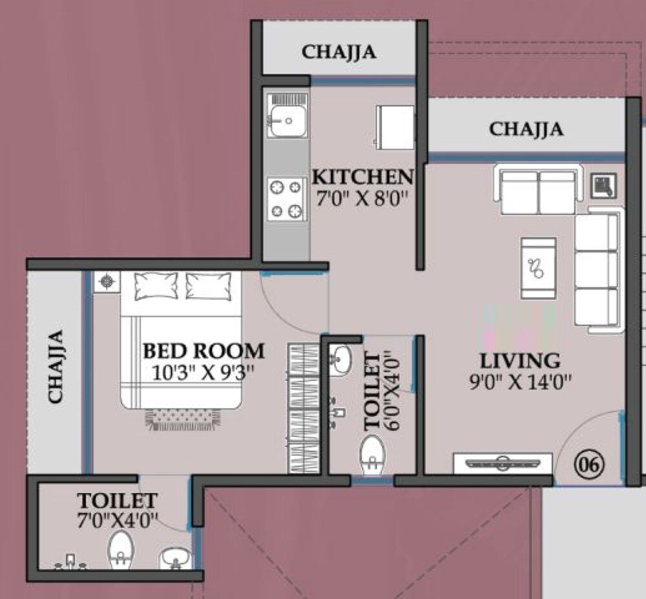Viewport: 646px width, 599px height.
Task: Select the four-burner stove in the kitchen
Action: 286,199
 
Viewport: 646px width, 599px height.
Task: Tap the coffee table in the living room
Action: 539,268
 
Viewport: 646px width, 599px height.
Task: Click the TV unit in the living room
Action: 503,463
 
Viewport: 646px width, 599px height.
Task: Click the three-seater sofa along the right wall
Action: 598,270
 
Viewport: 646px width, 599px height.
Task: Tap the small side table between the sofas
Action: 604,185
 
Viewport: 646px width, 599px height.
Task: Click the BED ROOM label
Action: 203,351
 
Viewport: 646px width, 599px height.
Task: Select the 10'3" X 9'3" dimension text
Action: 203,373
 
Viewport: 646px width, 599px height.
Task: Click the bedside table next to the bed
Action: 107,282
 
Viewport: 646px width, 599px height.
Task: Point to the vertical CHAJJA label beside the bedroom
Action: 56,366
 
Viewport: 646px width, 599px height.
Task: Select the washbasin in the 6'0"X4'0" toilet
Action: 340,359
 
